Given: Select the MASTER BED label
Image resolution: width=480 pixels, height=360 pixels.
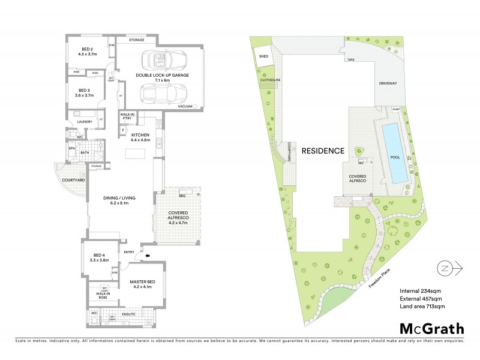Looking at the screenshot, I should click(142, 284).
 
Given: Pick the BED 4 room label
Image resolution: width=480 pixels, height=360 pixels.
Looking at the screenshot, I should click(96, 258).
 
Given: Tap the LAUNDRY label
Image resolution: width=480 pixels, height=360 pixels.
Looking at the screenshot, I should click(85, 122).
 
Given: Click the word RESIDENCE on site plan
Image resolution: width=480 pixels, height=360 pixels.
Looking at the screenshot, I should click(322, 151).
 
